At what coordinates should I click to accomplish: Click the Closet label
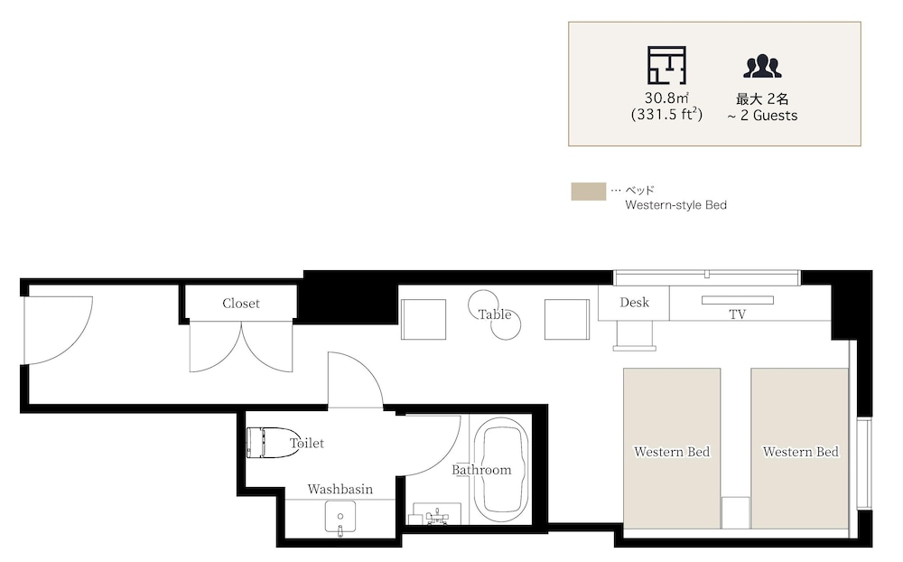[241, 304]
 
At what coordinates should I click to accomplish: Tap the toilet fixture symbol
[272, 443]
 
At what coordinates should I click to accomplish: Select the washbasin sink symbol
[340, 517]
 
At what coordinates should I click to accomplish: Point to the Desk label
[634, 302]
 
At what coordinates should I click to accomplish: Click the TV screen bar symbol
[737, 300]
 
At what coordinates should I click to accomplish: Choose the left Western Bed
[672, 448]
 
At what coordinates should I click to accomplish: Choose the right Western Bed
[799, 448]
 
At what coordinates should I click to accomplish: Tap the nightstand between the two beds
[735, 512]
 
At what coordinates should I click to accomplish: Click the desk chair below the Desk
[634, 335]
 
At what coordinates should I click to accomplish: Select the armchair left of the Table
[424, 319]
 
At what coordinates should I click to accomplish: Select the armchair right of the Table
[567, 319]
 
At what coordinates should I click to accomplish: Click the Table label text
[495, 314]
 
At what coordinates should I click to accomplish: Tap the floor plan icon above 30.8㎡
[667, 65]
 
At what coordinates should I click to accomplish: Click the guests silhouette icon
[762, 66]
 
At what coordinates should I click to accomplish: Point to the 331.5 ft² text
[667, 114]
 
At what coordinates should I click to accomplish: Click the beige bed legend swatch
[589, 192]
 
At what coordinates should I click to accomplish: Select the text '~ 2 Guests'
[762, 116]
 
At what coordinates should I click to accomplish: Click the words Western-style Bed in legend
[676, 204]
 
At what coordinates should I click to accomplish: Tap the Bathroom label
[481, 470]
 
